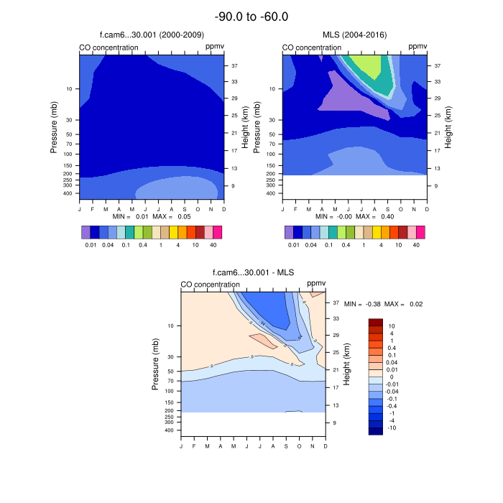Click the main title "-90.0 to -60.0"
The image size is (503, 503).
[251, 17]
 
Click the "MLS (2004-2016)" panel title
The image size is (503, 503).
[354, 35]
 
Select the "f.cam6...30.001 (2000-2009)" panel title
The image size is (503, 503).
[151, 35]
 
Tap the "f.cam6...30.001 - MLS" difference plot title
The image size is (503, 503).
[252, 273]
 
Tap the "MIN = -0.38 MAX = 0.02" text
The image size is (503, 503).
[383, 304]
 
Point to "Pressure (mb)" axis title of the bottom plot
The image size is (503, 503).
[156, 364]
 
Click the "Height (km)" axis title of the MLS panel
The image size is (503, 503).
[448, 126]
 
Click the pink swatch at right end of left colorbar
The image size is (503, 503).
[217, 232]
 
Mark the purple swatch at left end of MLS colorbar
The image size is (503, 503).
[289, 232]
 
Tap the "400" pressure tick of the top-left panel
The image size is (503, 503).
[68, 193]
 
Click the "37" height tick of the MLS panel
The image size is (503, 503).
[437, 65]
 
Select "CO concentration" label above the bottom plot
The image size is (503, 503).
[210, 285]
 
